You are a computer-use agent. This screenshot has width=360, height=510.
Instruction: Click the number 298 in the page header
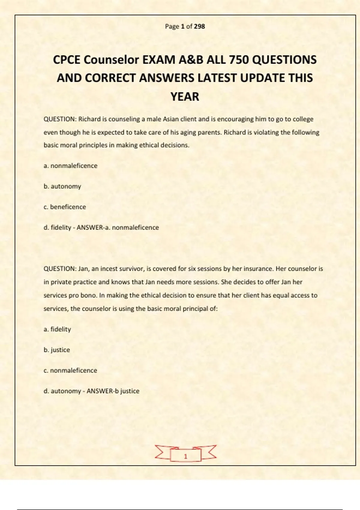(199, 26)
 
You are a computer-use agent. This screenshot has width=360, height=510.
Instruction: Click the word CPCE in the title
(67, 60)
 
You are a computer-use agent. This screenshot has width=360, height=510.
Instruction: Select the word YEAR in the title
(185, 97)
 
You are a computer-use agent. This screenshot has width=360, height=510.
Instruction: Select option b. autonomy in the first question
(62, 186)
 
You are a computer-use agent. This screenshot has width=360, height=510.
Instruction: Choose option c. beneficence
(65, 207)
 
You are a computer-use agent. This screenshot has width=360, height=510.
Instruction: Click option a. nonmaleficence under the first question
(70, 166)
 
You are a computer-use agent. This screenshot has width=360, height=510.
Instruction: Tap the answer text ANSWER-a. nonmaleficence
(118, 228)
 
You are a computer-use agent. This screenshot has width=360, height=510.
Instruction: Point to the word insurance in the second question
(258, 269)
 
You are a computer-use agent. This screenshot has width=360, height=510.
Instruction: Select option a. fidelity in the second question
(57, 329)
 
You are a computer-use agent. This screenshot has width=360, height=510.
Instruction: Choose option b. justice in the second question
(57, 350)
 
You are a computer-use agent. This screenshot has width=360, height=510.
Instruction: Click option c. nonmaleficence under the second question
(70, 370)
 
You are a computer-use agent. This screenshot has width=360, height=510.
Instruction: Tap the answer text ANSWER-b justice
(113, 391)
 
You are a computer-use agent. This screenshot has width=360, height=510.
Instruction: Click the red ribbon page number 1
(185, 456)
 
